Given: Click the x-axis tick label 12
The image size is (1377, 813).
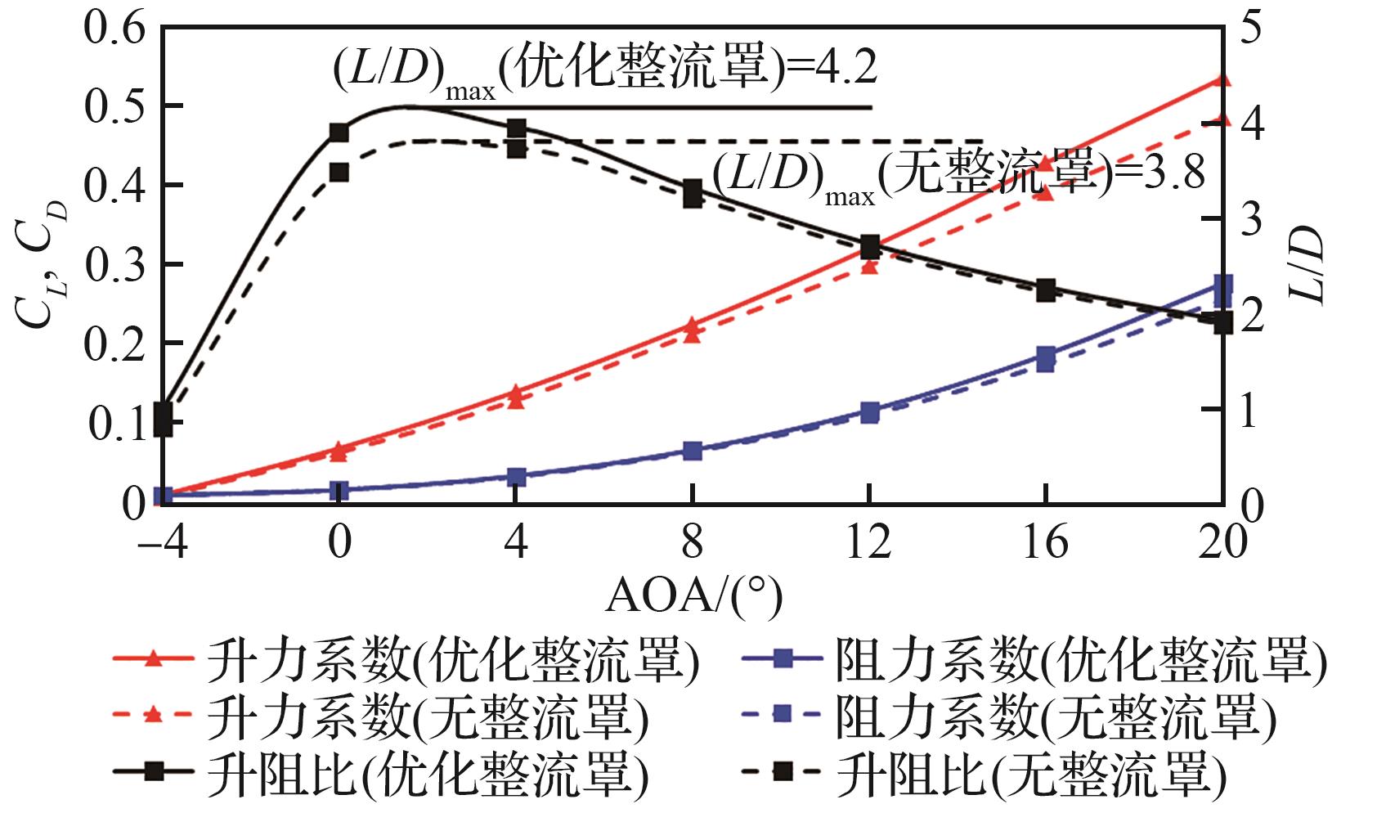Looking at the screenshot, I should point(868,541).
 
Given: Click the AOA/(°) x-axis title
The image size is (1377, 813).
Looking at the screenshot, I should point(693,597).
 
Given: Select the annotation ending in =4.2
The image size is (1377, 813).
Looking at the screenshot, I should point(605,69).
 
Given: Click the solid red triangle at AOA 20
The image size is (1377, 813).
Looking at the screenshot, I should point(1222,80).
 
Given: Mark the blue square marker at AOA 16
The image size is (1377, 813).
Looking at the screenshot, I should point(1046,357).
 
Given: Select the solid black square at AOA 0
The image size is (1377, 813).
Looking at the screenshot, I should point(339,133).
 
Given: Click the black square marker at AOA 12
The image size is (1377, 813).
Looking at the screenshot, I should point(869,246).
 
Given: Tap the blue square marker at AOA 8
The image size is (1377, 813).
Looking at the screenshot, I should point(693,451).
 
